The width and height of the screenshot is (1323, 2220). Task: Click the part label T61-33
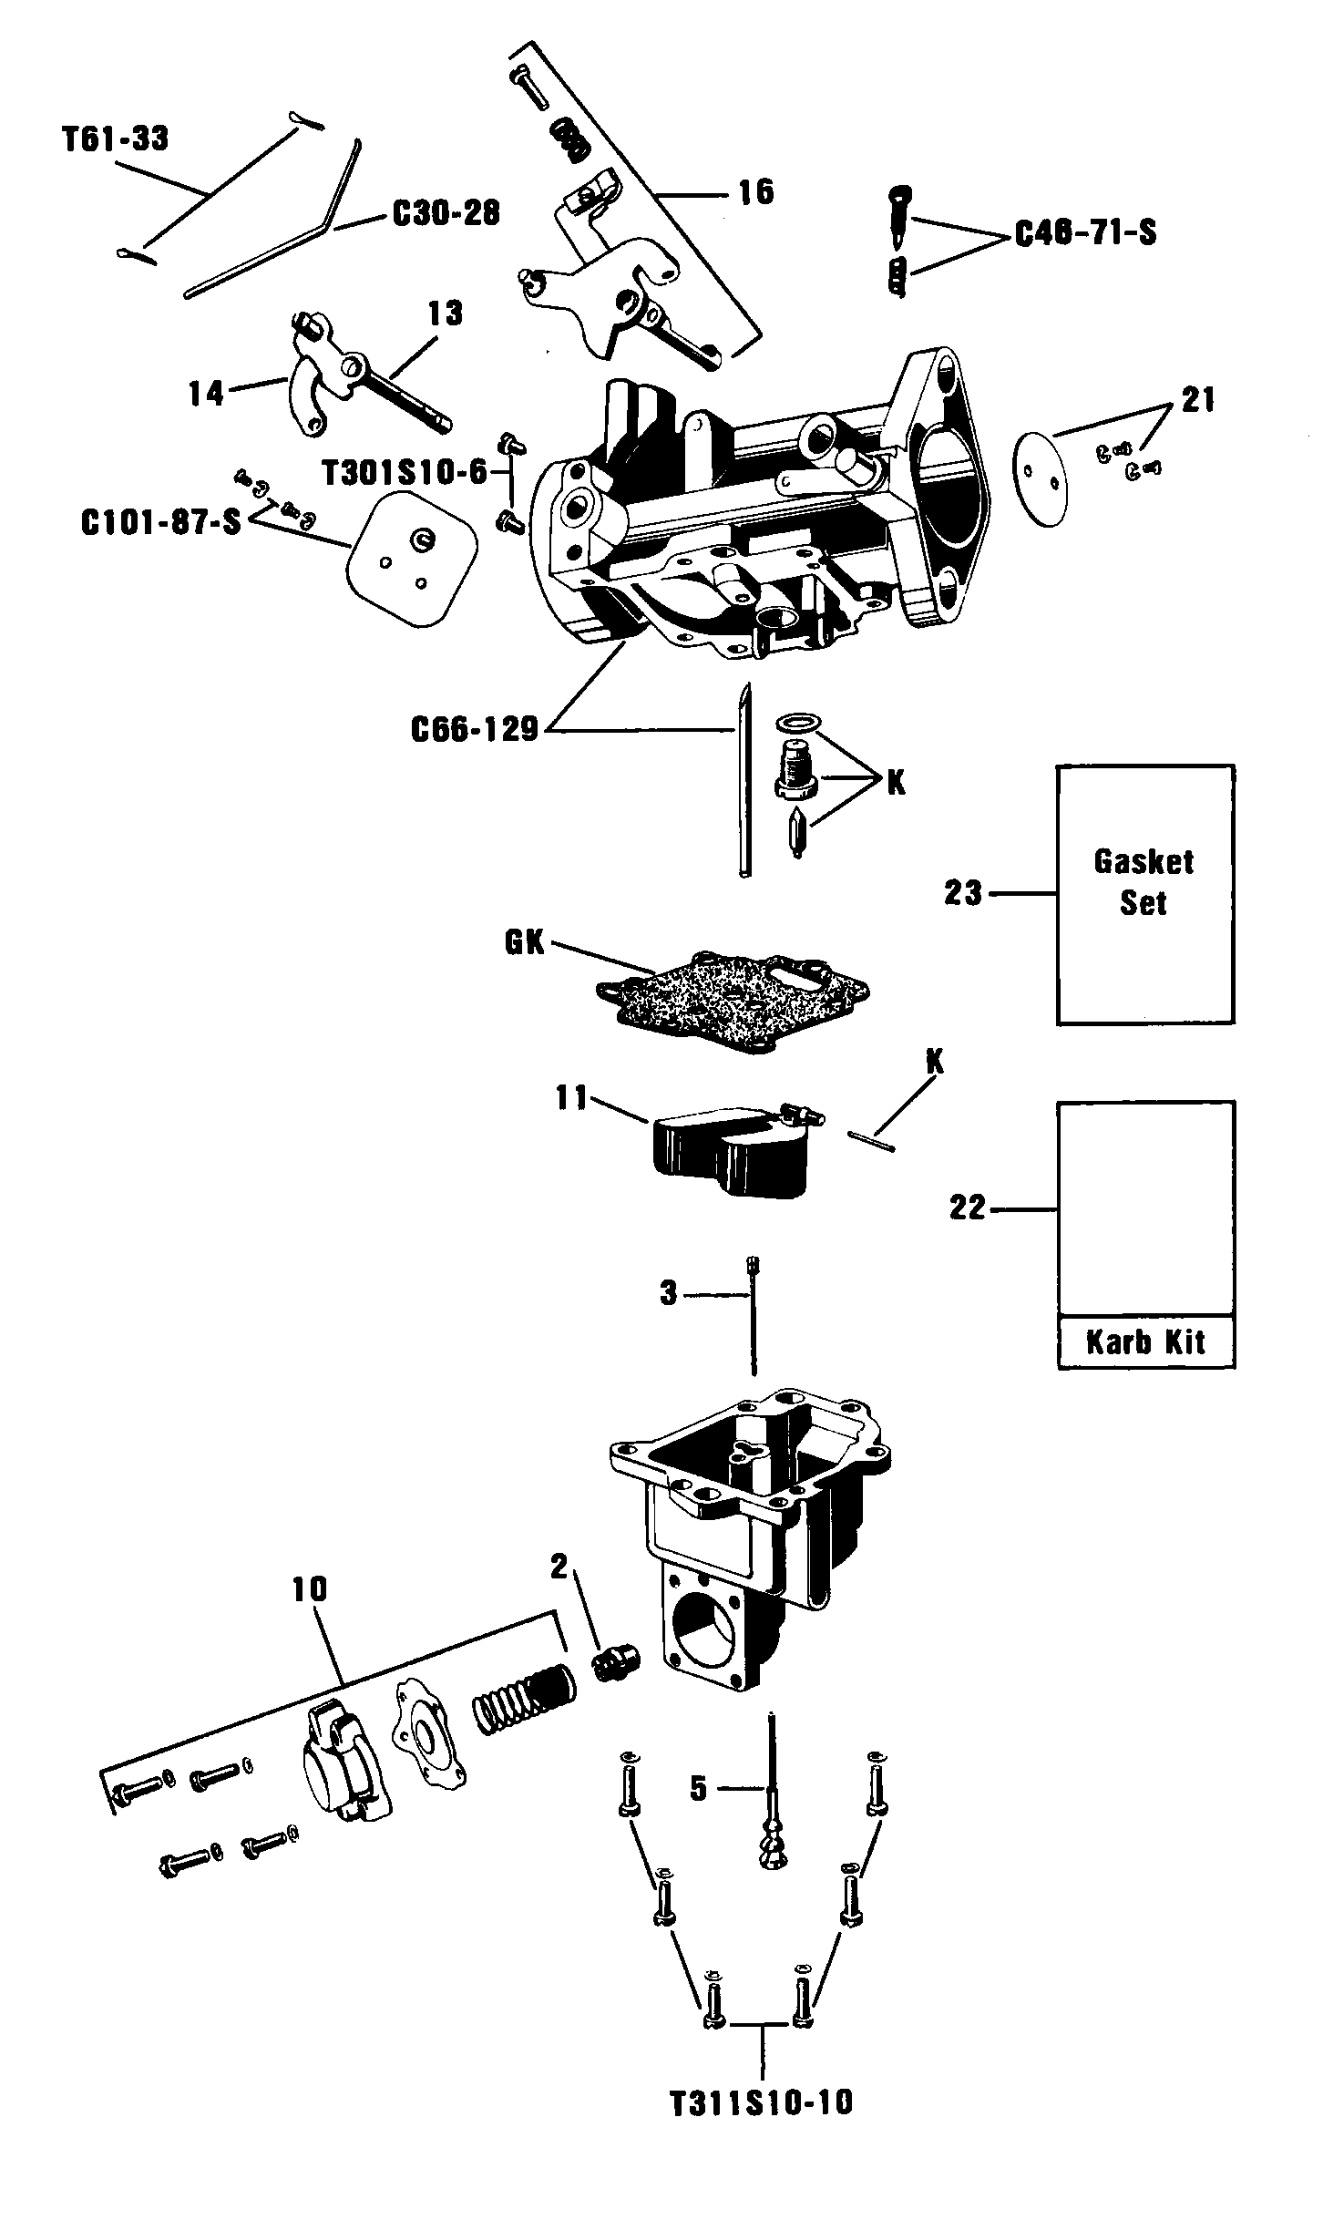click(116, 139)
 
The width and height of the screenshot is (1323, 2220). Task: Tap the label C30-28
click(446, 214)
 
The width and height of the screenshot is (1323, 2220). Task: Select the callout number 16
click(755, 192)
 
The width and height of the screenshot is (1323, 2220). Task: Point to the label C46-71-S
click(1085, 233)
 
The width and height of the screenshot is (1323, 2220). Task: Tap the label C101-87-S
click(160, 525)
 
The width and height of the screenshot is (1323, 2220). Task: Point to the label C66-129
click(475, 729)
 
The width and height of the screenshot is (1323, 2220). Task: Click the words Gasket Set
click(1144, 881)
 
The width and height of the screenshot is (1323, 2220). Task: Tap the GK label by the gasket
click(524, 942)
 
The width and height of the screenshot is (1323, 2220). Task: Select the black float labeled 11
click(729, 1150)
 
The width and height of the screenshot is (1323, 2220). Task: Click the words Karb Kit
click(1145, 1341)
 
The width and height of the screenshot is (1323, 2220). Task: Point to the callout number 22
click(968, 1208)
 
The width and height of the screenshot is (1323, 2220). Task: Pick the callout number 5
click(698, 1788)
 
